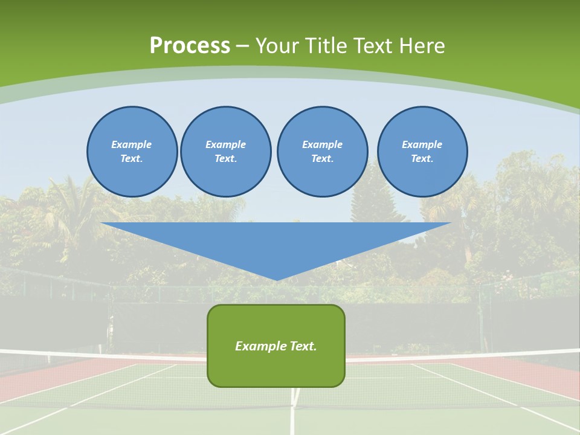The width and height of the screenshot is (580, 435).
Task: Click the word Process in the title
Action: point(190,46)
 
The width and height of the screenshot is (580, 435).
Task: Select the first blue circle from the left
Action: point(132,152)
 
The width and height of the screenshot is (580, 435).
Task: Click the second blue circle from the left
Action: point(225,152)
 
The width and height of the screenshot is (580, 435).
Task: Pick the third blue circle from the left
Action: point(322,152)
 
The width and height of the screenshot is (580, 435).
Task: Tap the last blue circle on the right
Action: point(422,152)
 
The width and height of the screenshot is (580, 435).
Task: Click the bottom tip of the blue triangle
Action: point(277,279)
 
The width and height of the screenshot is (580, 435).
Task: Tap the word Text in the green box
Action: point(303,346)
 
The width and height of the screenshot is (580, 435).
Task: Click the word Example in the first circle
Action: point(132,144)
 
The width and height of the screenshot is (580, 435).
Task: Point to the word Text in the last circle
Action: point(422,159)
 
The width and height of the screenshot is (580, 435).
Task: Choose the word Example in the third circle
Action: point(322,144)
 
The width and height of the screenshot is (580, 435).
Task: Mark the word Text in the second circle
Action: point(225,159)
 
